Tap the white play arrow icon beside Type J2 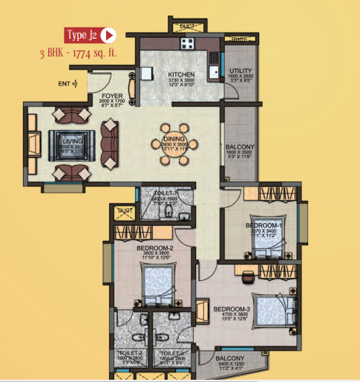tap(108, 35)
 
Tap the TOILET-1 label tap(164, 192)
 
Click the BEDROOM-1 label tap(264, 225)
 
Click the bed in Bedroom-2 tap(157, 285)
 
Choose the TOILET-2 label tap(130, 353)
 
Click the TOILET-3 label tap(171, 353)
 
